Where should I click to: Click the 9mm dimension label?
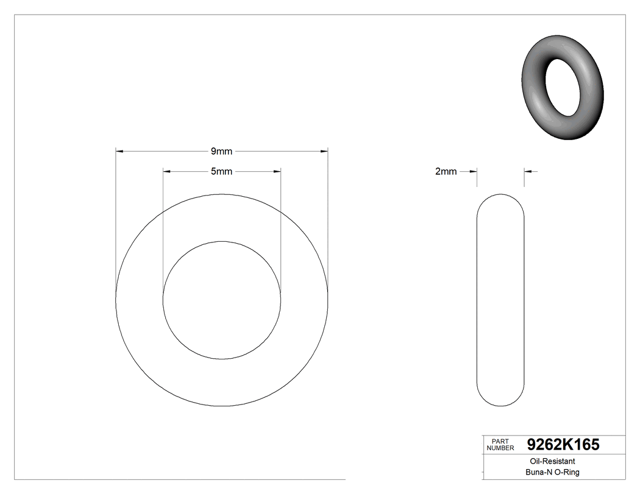[221, 151]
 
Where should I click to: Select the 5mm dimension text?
[221, 172]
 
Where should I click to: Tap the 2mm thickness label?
[446, 172]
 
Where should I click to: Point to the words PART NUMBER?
[500, 445]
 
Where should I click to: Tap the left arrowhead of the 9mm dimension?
[119, 151]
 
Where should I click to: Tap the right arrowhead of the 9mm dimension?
[324, 151]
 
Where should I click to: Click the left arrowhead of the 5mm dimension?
[166, 172]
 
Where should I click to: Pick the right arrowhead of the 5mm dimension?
[277, 172]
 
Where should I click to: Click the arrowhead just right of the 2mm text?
[472, 172]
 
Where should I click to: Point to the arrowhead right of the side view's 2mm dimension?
[528, 172]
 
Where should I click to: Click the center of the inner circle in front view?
[222, 300]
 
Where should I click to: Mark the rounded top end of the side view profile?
[500, 198]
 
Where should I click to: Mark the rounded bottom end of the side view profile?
[500, 402]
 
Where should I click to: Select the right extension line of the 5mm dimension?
[280, 231]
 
